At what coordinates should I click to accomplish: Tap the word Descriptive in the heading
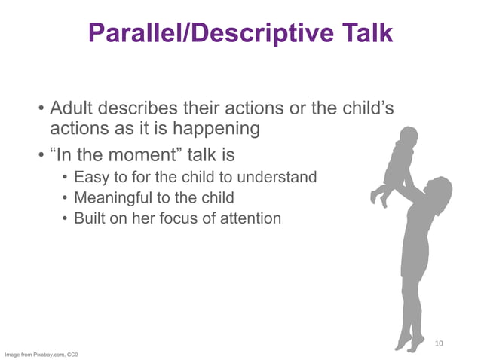256,32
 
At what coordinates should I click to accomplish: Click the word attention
252,219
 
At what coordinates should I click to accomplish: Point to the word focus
191,219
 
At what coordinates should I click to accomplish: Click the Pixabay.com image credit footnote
42,354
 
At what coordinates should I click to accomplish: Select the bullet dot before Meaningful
66,199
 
